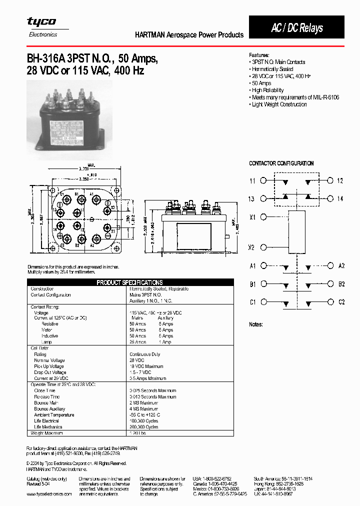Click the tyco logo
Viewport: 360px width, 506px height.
click(x=41, y=21)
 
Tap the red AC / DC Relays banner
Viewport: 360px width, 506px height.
click(x=296, y=28)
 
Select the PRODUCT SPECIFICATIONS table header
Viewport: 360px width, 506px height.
click(x=129, y=282)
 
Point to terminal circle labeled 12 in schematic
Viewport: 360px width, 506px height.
click(x=330, y=181)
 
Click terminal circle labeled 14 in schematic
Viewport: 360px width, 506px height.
click(x=330, y=198)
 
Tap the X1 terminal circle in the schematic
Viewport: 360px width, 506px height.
click(x=264, y=217)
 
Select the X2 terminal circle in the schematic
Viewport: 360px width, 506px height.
click(x=264, y=247)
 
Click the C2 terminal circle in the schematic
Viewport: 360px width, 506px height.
click(x=330, y=302)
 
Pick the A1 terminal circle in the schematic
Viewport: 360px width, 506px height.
click(x=264, y=266)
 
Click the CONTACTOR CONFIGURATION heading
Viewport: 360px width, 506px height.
click(x=281, y=163)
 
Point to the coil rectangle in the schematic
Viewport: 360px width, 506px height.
click(x=297, y=232)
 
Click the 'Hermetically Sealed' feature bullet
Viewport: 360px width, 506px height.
click(x=272, y=69)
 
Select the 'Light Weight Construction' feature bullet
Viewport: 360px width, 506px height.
click(x=279, y=104)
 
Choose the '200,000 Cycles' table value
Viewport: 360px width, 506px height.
click(x=144, y=427)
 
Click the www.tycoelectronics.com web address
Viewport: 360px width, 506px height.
click(x=49, y=493)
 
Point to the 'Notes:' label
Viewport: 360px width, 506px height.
click(x=256, y=324)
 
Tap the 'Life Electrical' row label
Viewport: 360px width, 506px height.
click(x=46, y=421)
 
